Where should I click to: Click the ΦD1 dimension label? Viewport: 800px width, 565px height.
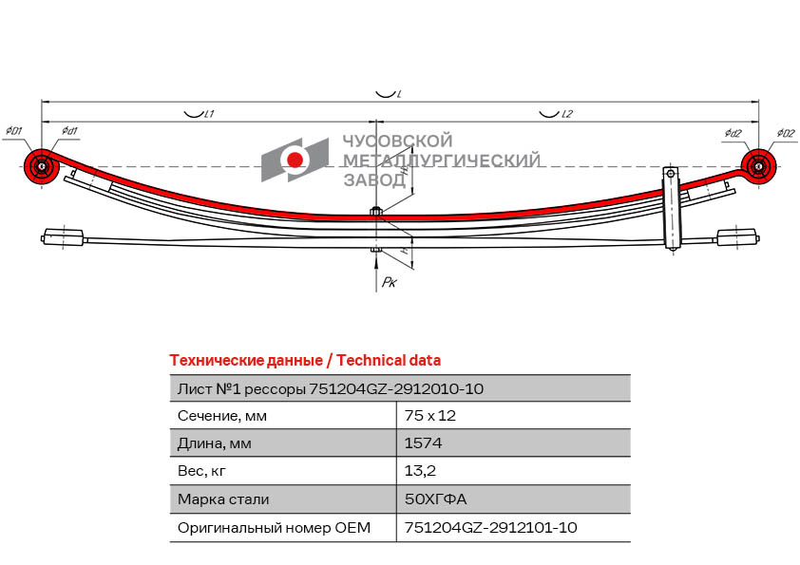pyautogui.click(x=13, y=131)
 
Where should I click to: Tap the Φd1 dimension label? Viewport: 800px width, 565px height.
pyautogui.click(x=69, y=131)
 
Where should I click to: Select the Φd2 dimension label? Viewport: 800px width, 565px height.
pyautogui.click(x=733, y=134)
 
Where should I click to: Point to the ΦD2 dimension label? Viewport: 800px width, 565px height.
pyautogui.click(x=786, y=134)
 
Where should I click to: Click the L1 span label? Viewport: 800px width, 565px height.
pyautogui.click(x=209, y=114)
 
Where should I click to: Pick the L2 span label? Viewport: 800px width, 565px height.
pyautogui.click(x=567, y=114)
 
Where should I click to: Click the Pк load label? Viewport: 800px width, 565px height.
pyautogui.click(x=390, y=282)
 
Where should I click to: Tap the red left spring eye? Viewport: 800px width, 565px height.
pyautogui.click(x=41, y=167)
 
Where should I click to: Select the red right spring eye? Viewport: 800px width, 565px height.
pyautogui.click(x=759, y=167)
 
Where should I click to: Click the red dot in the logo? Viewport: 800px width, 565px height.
pyautogui.click(x=295, y=160)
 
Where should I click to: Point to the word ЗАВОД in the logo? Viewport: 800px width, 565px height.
pyautogui.click(x=374, y=180)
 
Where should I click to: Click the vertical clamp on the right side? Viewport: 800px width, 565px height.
pyautogui.click(x=671, y=208)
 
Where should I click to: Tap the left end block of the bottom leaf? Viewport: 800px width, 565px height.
pyautogui.click(x=64, y=237)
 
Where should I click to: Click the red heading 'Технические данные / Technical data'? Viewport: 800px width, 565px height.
pyautogui.click(x=305, y=361)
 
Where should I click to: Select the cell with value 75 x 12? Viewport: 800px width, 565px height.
pyautogui.click(x=430, y=416)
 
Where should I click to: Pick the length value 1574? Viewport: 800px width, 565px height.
pyautogui.click(x=423, y=443)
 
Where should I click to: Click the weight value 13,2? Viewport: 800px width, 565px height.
pyautogui.click(x=420, y=471)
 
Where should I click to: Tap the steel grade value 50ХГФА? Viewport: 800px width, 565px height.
pyautogui.click(x=435, y=499)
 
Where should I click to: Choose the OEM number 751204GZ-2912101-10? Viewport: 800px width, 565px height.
pyautogui.click(x=490, y=527)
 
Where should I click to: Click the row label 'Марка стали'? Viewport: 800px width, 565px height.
pyautogui.click(x=223, y=499)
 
